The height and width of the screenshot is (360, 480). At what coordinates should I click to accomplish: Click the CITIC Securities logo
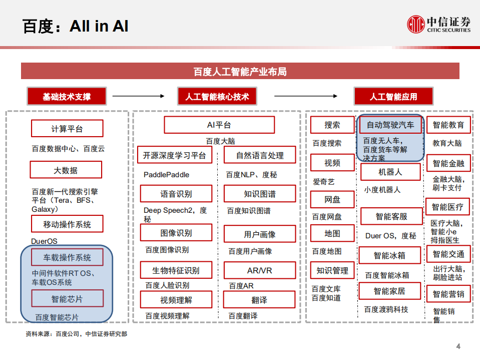click(438, 24)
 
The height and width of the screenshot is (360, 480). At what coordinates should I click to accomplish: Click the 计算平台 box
click(67, 129)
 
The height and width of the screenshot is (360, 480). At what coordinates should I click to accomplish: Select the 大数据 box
click(66, 170)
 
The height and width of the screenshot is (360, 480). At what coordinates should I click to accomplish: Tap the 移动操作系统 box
click(67, 224)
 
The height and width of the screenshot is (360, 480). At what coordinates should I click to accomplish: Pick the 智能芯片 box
click(67, 299)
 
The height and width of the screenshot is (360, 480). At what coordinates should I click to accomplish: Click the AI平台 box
click(219, 125)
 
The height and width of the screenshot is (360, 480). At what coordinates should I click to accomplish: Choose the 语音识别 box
click(176, 194)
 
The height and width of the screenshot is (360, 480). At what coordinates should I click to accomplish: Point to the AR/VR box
click(259, 271)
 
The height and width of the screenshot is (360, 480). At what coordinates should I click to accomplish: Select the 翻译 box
click(259, 300)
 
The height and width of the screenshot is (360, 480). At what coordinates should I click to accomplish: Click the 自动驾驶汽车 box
click(390, 125)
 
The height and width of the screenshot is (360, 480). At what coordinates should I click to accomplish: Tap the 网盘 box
click(332, 199)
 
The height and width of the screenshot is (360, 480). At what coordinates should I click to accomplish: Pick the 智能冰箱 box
click(389, 255)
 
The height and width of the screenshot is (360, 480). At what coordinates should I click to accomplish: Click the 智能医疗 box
click(447, 207)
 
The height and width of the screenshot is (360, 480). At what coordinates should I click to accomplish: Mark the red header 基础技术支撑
click(67, 97)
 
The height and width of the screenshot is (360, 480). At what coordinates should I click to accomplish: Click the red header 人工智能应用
click(393, 97)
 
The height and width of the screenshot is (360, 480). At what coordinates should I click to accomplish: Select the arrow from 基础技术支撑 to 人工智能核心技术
click(139, 97)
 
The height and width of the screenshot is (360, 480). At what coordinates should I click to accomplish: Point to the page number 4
click(458, 346)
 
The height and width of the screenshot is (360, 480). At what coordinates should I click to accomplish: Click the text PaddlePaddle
click(167, 175)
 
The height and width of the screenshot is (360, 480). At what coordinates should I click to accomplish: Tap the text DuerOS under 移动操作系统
click(45, 241)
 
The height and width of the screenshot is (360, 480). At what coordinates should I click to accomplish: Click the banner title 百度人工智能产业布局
click(240, 72)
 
